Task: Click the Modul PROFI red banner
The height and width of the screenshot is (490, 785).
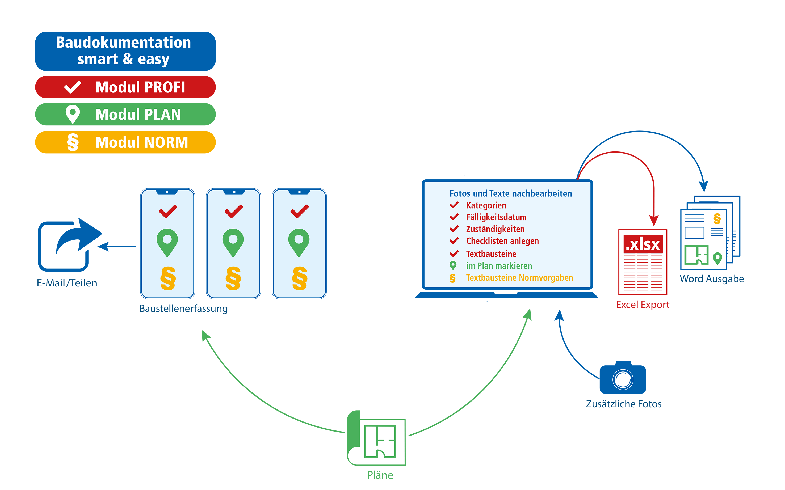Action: point(125,87)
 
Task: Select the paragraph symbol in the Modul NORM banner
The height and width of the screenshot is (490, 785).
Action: point(73,142)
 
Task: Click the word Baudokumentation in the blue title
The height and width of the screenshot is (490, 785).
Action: point(124,43)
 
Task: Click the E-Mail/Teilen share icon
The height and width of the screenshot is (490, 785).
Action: point(68,245)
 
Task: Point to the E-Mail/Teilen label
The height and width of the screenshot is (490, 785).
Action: point(67,283)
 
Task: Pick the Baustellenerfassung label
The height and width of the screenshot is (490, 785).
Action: point(183,309)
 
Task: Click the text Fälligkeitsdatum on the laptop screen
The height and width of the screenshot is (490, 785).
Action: point(496,217)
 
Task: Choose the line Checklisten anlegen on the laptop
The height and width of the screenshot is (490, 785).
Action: point(502,241)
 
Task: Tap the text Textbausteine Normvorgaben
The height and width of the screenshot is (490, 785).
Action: point(519,278)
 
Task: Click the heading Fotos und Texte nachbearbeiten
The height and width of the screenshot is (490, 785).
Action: point(510,193)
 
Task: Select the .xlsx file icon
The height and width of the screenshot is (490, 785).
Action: point(643,262)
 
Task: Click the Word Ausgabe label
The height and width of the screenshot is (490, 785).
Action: point(712,279)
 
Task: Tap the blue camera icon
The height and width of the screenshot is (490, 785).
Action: point(623,378)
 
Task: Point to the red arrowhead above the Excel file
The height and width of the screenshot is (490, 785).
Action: point(654,221)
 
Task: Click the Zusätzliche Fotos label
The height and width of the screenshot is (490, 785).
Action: point(624,404)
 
